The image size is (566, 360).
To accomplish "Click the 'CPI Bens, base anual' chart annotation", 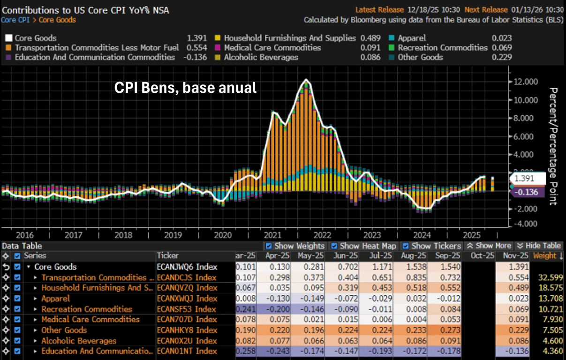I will pyautogui.click(x=185, y=88).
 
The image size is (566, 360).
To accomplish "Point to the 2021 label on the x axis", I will pyautogui.click(x=273, y=235).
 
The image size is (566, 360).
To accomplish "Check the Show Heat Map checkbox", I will pyautogui.click(x=334, y=246).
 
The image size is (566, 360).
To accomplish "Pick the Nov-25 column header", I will pyautogui.click(x=512, y=256).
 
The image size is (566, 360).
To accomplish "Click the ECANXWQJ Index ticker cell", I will pyautogui.click(x=187, y=298).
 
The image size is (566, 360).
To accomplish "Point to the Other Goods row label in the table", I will pyautogui.click(x=61, y=330).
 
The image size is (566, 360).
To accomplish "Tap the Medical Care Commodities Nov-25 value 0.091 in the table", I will pyautogui.click(x=512, y=319).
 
